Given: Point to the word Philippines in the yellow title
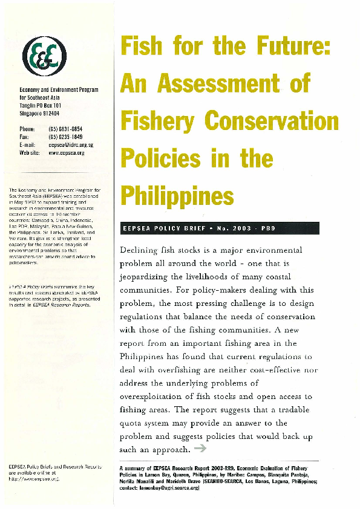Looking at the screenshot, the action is click(x=177, y=195).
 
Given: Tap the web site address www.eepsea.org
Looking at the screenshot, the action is click(x=66, y=153).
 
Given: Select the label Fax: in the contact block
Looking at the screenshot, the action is click(x=25, y=137).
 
